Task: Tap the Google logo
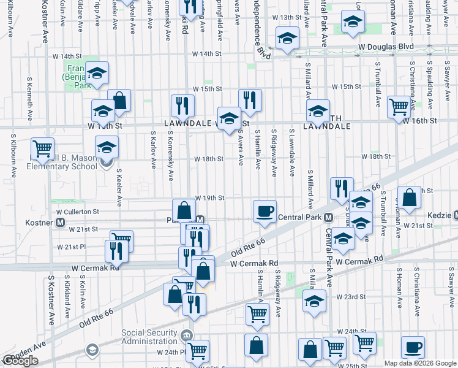20,361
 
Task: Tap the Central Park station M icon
329,218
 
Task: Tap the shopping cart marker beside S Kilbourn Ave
42,148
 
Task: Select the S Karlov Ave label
153,148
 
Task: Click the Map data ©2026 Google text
420,363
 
